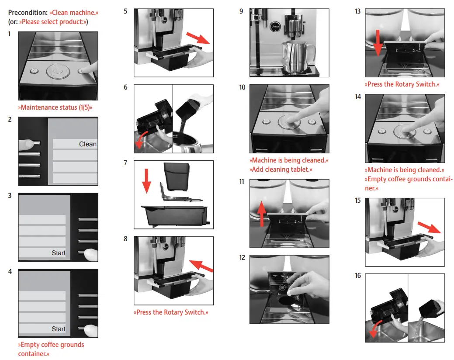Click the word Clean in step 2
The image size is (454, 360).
pos(87,144)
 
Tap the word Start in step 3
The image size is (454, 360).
pos(58,253)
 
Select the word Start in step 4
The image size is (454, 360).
pos(58,329)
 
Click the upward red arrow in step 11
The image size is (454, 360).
pos(261,214)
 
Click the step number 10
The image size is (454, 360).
pos(243,87)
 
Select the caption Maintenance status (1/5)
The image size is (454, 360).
pos(55,107)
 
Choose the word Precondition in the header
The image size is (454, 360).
pos(28,13)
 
